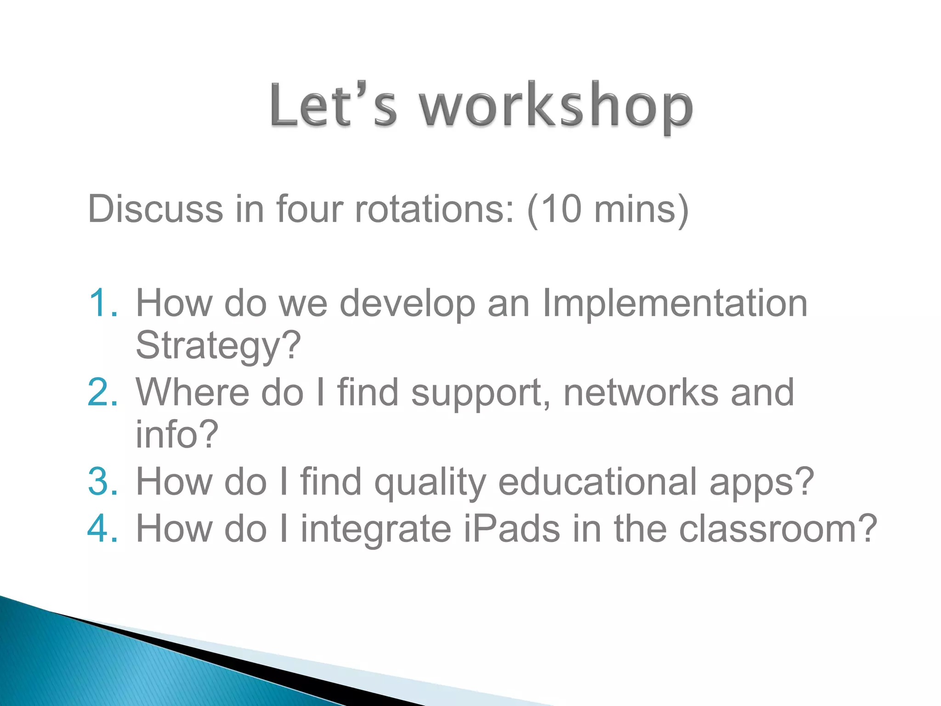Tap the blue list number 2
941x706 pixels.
pyautogui.click(x=102, y=393)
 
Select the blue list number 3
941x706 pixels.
pyautogui.click(x=102, y=482)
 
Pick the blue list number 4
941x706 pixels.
pyautogui.click(x=102, y=529)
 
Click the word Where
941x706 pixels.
pyautogui.click(x=192, y=393)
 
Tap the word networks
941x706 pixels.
pyautogui.click(x=641, y=393)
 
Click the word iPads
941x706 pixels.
pyautogui.click(x=512, y=529)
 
